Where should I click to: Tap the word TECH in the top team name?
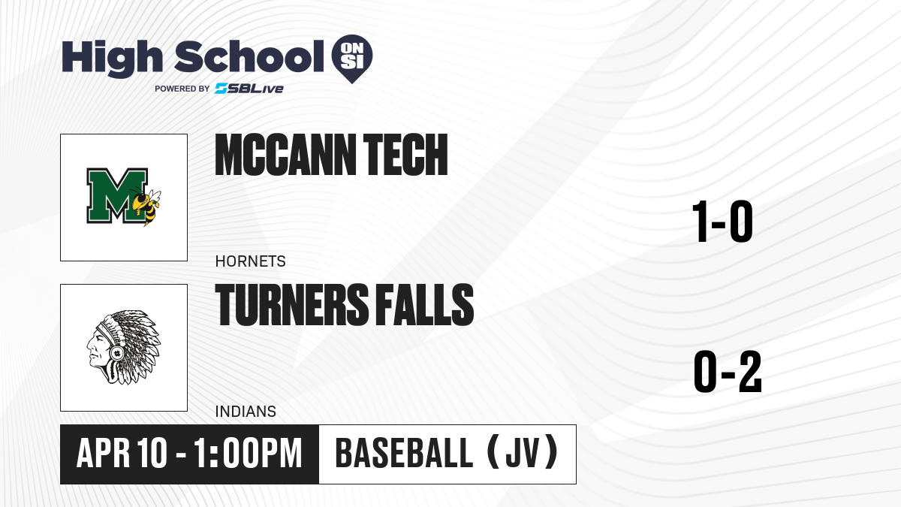pyautogui.click(x=405, y=155)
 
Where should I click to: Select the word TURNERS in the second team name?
pyautogui.click(x=292, y=305)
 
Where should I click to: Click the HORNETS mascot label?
pyautogui.click(x=250, y=261)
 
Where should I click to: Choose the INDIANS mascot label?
pyautogui.click(x=246, y=412)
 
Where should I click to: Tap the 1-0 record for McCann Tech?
pyautogui.click(x=722, y=222)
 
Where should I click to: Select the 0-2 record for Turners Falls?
pyautogui.click(x=728, y=371)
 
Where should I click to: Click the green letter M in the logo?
pyautogui.click(x=116, y=195)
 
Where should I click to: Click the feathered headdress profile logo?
pyautogui.click(x=124, y=347)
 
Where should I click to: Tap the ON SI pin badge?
pyautogui.click(x=352, y=59)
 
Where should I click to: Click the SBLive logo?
pyautogui.click(x=249, y=89)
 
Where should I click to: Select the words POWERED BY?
pyautogui.click(x=182, y=89)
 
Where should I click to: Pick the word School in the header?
pyautogui.click(x=249, y=56)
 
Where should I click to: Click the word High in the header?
pyautogui.click(x=113, y=59)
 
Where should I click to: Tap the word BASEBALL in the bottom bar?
pyautogui.click(x=404, y=454)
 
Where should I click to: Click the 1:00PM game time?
pyautogui.click(x=248, y=454)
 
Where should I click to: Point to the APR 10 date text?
pyautogui.click(x=122, y=454)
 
